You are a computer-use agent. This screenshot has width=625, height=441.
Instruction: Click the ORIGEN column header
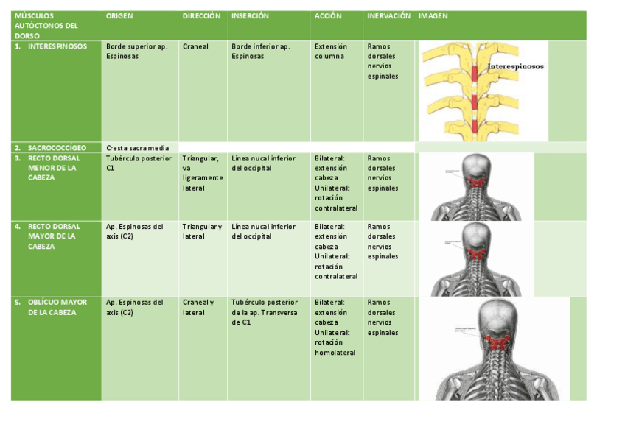(x=119, y=15)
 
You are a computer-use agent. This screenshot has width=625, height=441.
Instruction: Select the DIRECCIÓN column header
(x=201, y=15)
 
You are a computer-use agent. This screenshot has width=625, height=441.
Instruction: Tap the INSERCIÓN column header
(x=250, y=15)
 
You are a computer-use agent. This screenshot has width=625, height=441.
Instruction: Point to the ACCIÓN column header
(x=328, y=15)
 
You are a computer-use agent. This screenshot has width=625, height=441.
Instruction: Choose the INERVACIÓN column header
(x=388, y=15)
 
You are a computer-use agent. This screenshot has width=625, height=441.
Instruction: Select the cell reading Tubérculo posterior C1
(x=139, y=163)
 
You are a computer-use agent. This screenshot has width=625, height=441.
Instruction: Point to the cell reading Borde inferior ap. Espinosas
(x=260, y=51)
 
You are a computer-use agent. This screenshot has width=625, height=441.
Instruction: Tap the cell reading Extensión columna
(x=329, y=51)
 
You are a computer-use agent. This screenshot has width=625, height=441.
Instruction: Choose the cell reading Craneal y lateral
(x=198, y=307)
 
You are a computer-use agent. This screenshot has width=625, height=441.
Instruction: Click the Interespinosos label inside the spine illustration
(x=515, y=66)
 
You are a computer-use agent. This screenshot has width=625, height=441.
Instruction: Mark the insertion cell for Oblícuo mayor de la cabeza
(x=264, y=312)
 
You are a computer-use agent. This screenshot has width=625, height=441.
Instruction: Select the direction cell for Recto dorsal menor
(x=201, y=173)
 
